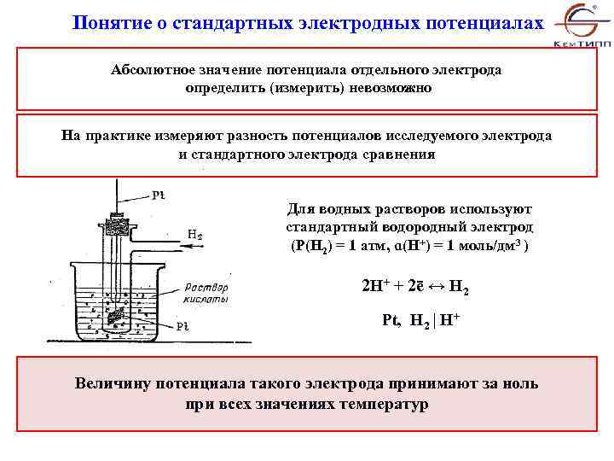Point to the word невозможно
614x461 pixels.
coord(387,88)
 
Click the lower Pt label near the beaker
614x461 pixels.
coord(182,325)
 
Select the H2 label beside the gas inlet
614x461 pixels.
coord(194,232)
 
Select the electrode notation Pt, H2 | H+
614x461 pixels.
coord(422,321)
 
